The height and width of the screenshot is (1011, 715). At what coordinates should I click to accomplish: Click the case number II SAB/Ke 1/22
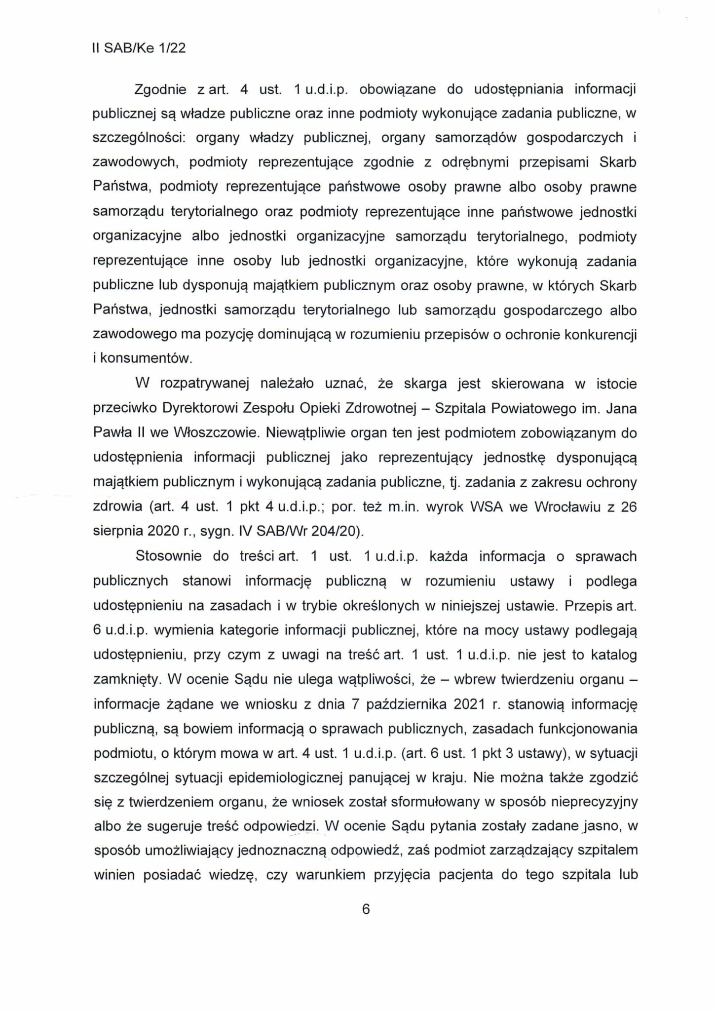[x=139, y=48]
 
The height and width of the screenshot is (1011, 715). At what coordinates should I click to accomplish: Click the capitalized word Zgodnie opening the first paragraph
[x=160, y=90]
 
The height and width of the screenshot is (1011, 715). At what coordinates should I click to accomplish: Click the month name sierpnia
[x=118, y=532]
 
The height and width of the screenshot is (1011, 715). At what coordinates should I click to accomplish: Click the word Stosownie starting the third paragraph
[x=169, y=556]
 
